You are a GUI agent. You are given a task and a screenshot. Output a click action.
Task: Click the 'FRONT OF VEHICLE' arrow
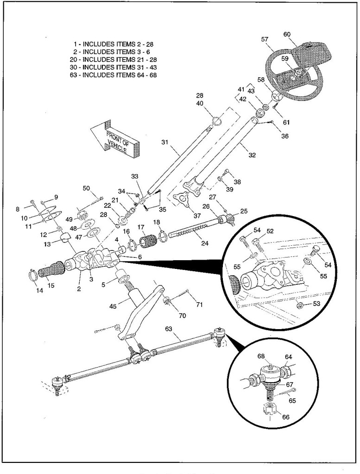pos(115,139)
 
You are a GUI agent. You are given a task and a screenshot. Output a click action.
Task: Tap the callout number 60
pos(287,34)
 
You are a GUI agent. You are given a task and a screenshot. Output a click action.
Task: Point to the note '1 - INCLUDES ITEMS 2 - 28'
pos(114,44)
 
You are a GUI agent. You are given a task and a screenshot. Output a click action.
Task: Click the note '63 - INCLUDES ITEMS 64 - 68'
pos(114,75)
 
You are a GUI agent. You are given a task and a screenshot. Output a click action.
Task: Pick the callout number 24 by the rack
pos(205,243)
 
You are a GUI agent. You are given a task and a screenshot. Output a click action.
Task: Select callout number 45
pos(113,306)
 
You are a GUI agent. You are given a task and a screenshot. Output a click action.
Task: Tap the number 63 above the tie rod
pos(169,329)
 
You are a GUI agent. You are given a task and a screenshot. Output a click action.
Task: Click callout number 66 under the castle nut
pos(285,417)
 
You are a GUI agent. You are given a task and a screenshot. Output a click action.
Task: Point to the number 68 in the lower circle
pos(261,356)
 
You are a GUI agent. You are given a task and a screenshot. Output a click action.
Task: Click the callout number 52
pos(270,231)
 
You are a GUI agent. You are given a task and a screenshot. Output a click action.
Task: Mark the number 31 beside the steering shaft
pos(164,142)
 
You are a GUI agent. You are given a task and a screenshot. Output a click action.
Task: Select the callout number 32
pos(252,155)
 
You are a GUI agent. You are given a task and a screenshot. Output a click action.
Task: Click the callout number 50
pos(86,188)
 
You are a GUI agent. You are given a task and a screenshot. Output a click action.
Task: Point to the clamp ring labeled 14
pos(33,274)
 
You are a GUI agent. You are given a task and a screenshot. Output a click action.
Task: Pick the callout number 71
pos(199,305)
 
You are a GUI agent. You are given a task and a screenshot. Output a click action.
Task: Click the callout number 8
pos(18,209)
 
